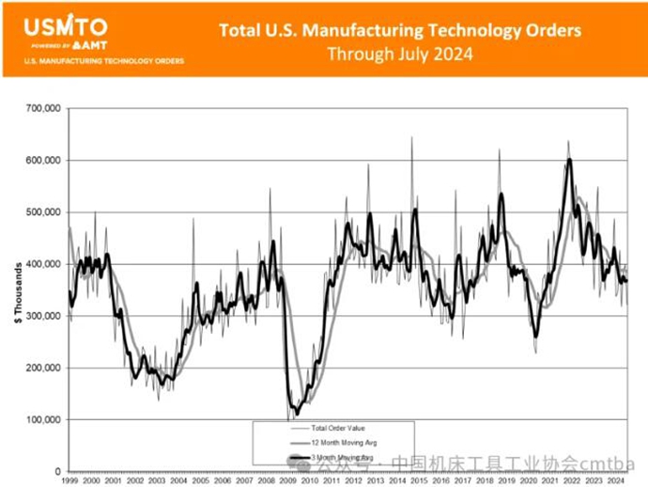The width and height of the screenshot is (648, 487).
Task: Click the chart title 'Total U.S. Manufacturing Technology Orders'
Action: tap(400, 30)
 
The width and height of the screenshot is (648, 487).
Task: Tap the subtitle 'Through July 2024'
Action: tap(400, 54)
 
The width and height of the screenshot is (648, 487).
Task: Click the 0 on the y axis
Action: tap(56, 471)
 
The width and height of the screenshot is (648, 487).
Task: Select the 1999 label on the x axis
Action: tap(69, 480)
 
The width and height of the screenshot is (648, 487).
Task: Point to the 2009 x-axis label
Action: tap(288, 480)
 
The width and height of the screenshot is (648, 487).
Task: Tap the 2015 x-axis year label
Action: tap(420, 480)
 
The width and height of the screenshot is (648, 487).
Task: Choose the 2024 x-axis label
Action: tap(617, 480)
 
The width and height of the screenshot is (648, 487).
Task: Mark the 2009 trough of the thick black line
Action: tap(297, 412)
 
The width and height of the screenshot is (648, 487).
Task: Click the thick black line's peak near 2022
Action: tap(569, 161)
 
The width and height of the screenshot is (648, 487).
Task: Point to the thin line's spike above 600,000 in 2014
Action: tap(411, 139)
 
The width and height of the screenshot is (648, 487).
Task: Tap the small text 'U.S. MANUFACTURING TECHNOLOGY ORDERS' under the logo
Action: tap(104, 61)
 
